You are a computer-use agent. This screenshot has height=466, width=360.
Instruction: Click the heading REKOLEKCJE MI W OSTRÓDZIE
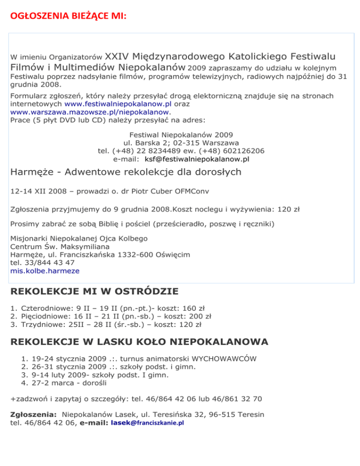click(x=94, y=291)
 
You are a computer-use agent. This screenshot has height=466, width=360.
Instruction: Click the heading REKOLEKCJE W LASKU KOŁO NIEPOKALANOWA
click(x=139, y=342)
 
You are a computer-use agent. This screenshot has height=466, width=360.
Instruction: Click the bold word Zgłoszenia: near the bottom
click(x=33, y=415)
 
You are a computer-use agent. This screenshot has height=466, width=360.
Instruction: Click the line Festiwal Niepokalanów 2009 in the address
click(x=180, y=134)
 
